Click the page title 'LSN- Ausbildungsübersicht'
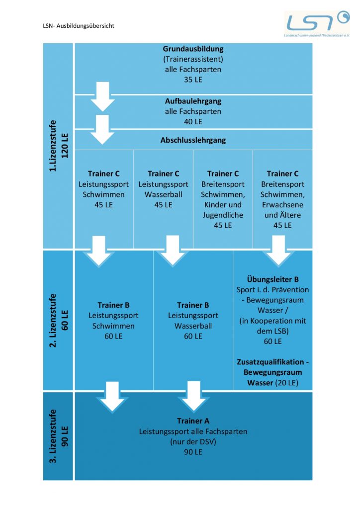tap(79, 25)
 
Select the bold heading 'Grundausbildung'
tap(193, 49)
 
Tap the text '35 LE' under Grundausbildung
tap(193, 80)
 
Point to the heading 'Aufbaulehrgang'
tap(193, 101)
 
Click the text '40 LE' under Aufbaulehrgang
tap(193, 121)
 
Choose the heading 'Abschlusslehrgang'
tap(193, 140)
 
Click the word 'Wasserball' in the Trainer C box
tap(163, 194)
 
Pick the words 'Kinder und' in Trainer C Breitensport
tap(223, 205)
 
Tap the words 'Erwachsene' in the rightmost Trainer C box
tap(282, 205)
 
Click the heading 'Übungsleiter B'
tap(272, 279)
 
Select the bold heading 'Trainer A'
tap(193, 421)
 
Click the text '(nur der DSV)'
tap(193, 442)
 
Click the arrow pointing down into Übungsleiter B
tap(278, 251)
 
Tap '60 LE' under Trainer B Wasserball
tap(193, 337)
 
